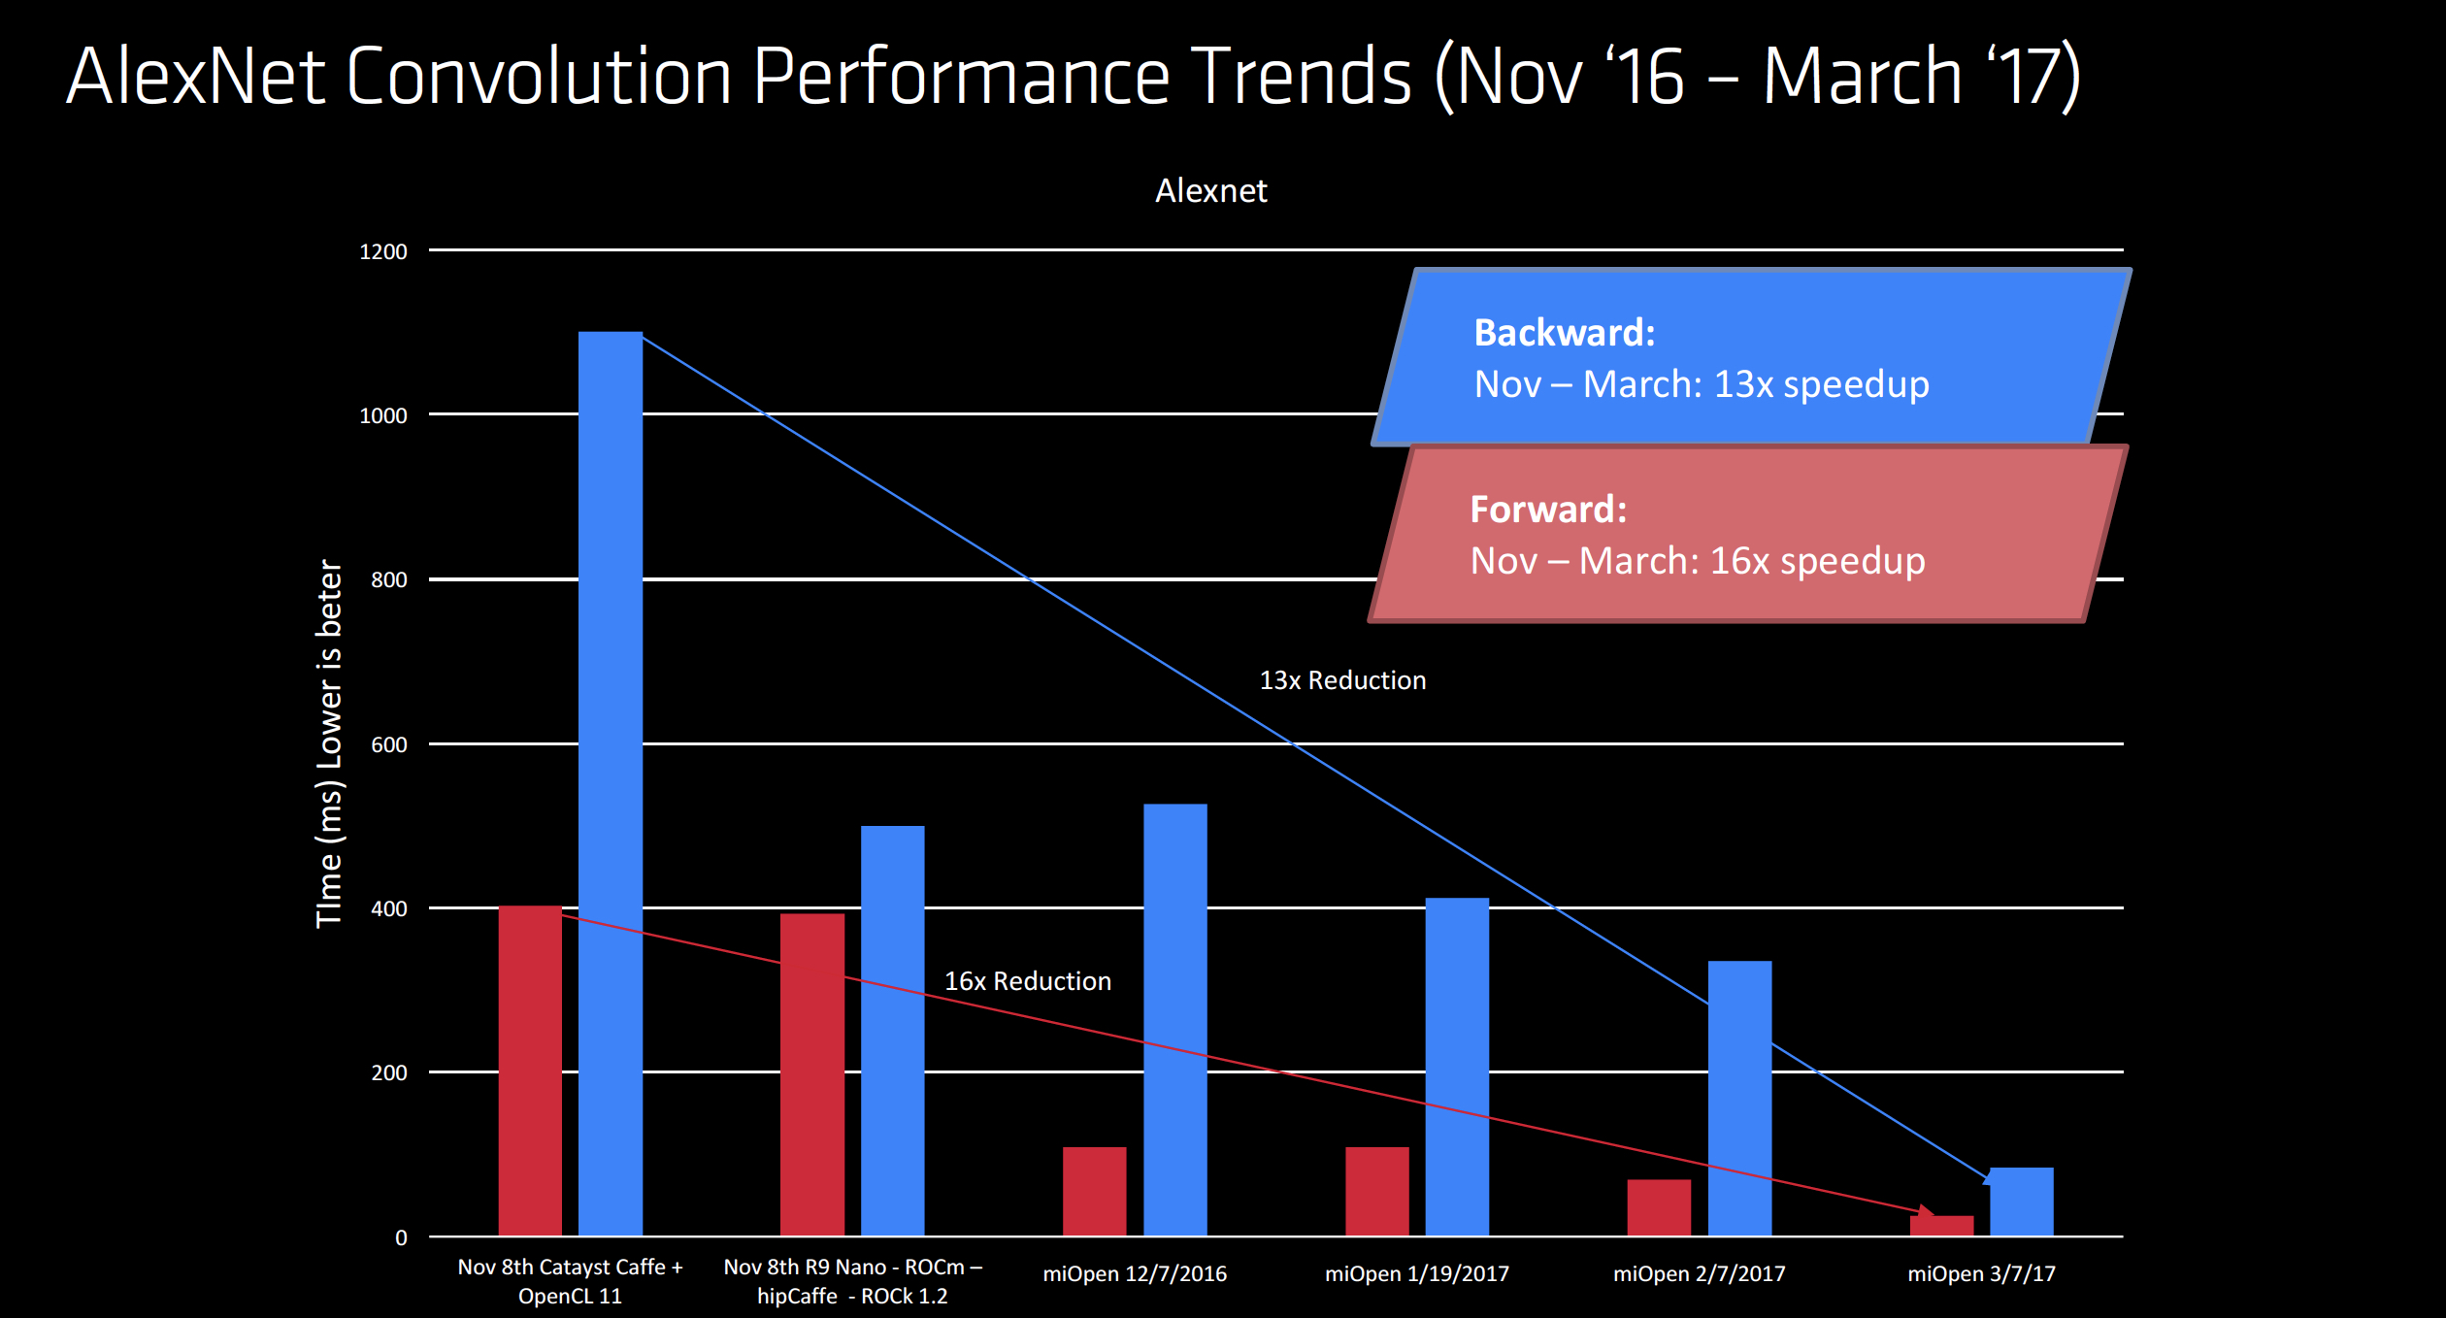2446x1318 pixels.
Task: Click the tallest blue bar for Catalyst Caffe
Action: pyautogui.click(x=611, y=783)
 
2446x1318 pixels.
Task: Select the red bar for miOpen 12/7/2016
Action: pyautogui.click(x=1095, y=1192)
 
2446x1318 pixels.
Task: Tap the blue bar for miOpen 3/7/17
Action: pyautogui.click(x=2022, y=1202)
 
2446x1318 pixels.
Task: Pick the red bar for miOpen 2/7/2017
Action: pyautogui.click(x=1659, y=1207)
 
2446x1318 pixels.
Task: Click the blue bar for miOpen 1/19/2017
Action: pyautogui.click(x=1457, y=1067)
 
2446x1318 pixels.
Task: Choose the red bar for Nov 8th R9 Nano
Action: pyautogui.click(x=812, y=1074)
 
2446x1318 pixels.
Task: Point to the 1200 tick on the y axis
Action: pyautogui.click(x=383, y=252)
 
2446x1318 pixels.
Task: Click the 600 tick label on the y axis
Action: pyautogui.click(x=389, y=745)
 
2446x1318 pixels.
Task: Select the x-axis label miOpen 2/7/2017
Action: pyautogui.click(x=1700, y=1273)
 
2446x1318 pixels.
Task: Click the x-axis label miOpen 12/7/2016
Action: pyautogui.click(x=1135, y=1273)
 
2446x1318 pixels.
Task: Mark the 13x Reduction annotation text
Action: pyautogui.click(x=1343, y=680)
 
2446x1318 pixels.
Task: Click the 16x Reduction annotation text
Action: pyautogui.click(x=1028, y=981)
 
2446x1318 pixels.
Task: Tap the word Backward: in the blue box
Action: pyautogui.click(x=1565, y=333)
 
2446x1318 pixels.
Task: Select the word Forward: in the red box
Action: pyautogui.click(x=1548, y=510)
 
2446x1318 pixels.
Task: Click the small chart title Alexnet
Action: pyautogui.click(x=1211, y=190)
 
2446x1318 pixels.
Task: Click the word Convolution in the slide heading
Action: pyautogui.click(x=539, y=76)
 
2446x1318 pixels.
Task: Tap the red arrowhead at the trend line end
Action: pyautogui.click(x=1926, y=1212)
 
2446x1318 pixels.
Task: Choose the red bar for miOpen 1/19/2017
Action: pyautogui.click(x=1377, y=1192)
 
